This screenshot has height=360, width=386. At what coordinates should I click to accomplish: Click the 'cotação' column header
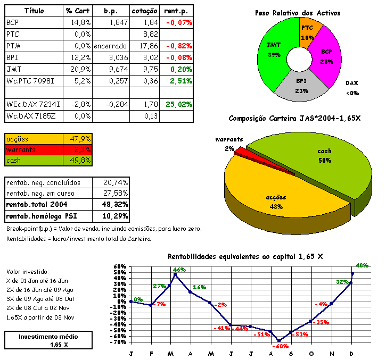(144, 11)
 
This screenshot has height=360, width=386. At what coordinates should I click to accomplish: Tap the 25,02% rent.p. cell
(178, 104)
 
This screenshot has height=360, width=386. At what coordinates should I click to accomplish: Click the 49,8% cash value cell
(80, 160)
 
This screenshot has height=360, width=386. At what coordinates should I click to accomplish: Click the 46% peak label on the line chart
(179, 270)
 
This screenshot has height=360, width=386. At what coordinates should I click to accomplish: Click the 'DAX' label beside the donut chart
(352, 83)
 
